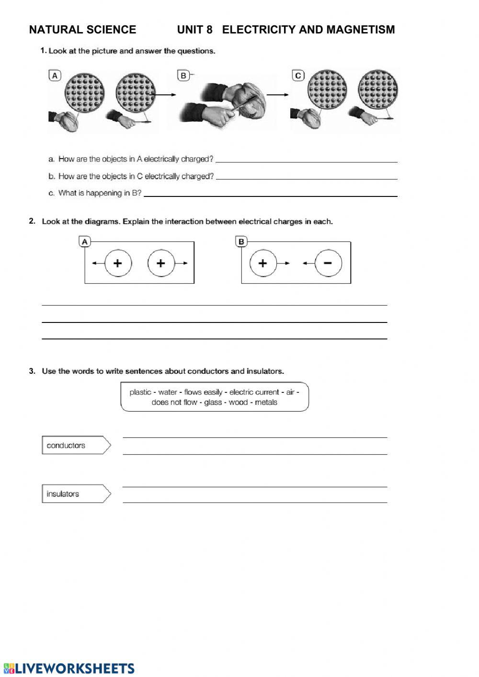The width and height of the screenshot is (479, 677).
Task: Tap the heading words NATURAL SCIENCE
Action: (x=82, y=30)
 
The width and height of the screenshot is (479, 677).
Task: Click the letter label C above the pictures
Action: (x=298, y=76)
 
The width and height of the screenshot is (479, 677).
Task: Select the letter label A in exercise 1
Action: (x=55, y=76)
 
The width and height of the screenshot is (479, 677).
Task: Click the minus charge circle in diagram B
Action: (x=328, y=263)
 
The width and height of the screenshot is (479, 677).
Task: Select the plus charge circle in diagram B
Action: (x=262, y=263)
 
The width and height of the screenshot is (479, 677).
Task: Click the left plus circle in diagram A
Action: (x=117, y=263)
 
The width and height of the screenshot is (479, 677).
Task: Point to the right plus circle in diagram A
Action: (x=161, y=263)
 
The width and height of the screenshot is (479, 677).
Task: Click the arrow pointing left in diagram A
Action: (x=97, y=263)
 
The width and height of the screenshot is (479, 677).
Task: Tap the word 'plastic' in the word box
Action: (x=140, y=392)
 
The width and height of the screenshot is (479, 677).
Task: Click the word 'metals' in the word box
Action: (x=266, y=402)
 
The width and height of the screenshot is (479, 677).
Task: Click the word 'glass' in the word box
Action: (x=213, y=402)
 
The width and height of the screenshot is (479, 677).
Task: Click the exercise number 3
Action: (x=32, y=371)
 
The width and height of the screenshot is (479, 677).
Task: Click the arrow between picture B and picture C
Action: (x=278, y=95)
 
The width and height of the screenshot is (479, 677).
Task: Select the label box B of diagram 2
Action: (x=241, y=242)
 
